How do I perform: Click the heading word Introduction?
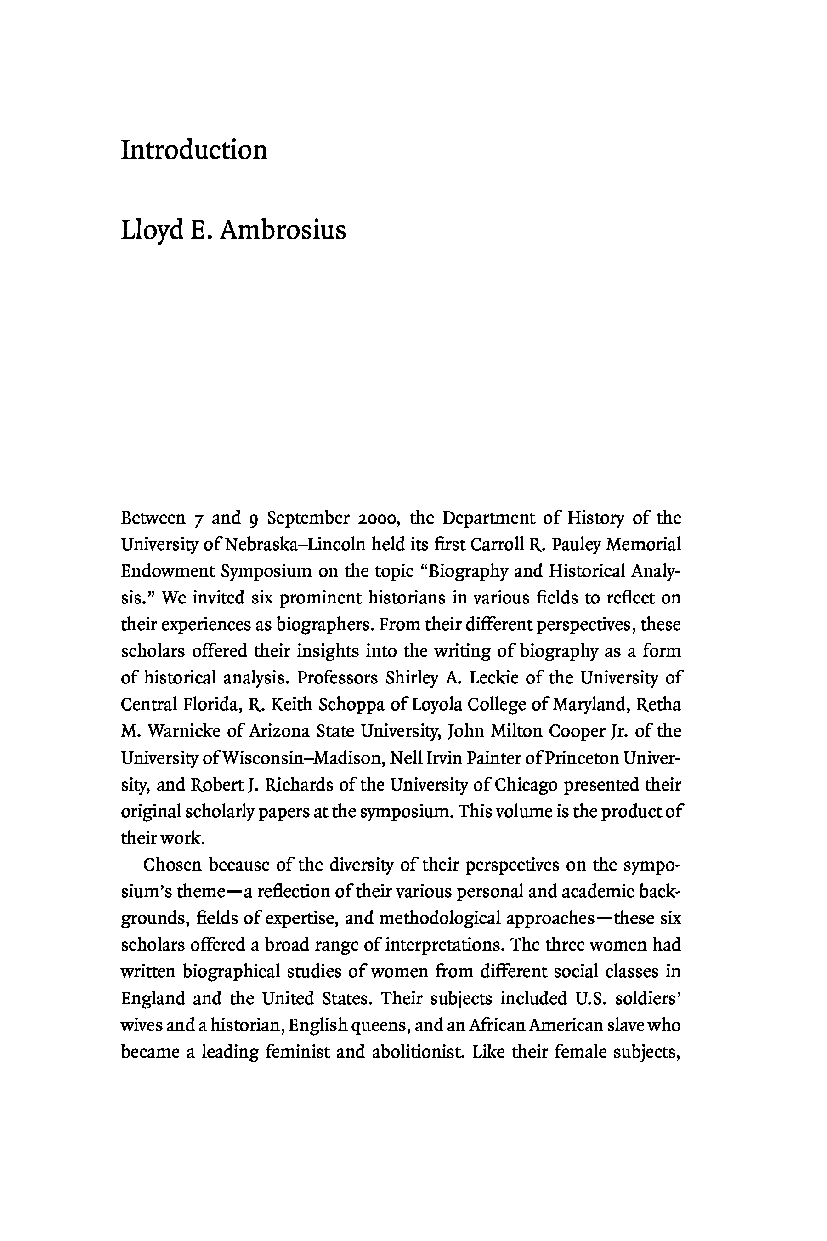coord(194,150)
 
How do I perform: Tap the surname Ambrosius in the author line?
coord(283,231)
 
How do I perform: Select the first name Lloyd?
coord(153,231)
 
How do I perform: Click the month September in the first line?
coord(308,518)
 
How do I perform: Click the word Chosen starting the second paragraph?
coord(172,865)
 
